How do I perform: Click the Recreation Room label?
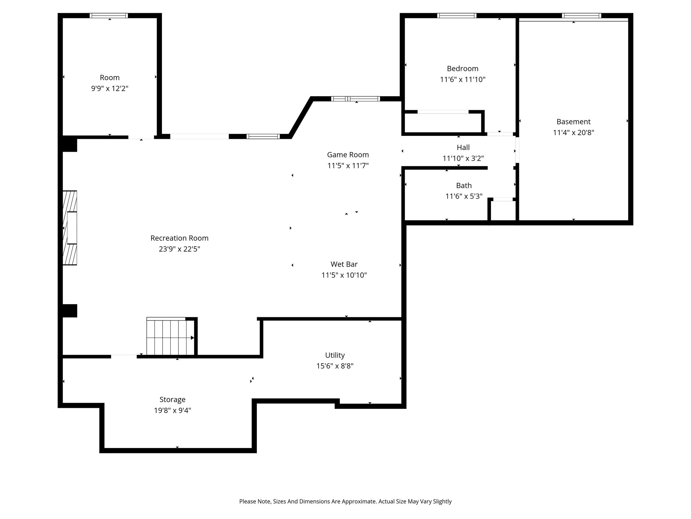point(179,238)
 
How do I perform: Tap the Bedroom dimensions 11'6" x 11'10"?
point(463,79)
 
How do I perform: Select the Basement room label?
point(574,122)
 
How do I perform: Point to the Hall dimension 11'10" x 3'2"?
point(463,158)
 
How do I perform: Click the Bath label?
point(464,186)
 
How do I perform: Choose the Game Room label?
point(348,155)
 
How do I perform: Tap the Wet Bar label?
point(344,264)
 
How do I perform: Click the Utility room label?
point(335,355)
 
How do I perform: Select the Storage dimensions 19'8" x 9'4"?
point(173,411)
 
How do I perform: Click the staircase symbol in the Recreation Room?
point(171,336)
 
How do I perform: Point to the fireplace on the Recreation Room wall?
point(70,228)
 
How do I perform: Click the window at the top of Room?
point(109,16)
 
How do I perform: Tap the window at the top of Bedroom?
point(457,16)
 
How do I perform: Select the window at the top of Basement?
point(582,16)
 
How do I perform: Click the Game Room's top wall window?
point(356,99)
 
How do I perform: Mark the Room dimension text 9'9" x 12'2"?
point(110,89)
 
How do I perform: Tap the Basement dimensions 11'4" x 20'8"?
point(574,132)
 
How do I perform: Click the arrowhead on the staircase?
point(192,338)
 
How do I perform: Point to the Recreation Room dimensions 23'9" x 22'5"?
point(179,249)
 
